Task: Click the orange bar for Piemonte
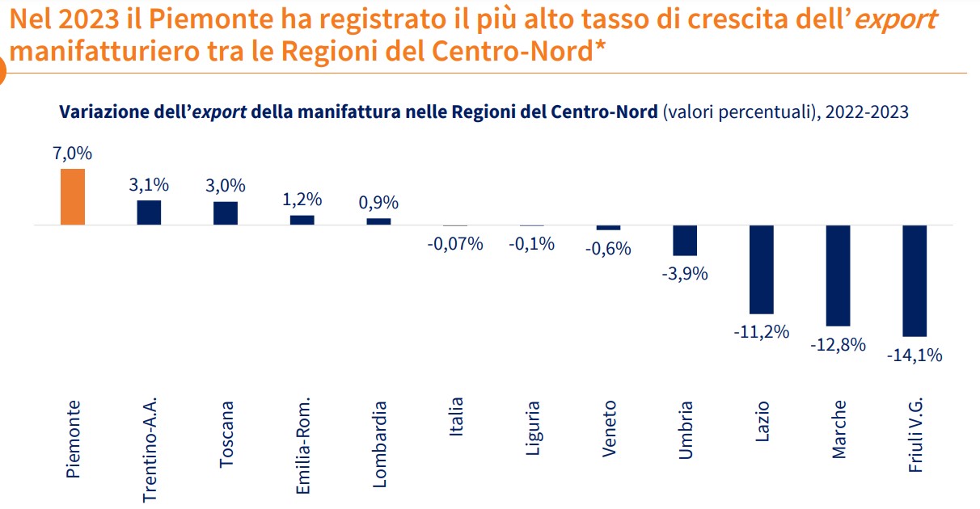[x=73, y=196]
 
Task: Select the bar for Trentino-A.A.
[x=149, y=212]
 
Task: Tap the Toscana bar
[x=226, y=212]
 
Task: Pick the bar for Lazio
[x=762, y=269]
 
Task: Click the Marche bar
[x=838, y=275]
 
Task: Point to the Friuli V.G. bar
[x=915, y=280]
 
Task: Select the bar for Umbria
[x=685, y=240]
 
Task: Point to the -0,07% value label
[x=455, y=243]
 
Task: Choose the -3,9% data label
[x=685, y=273]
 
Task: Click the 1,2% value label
[x=302, y=199]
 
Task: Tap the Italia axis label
[x=456, y=417]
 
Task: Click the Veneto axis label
[x=609, y=429]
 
